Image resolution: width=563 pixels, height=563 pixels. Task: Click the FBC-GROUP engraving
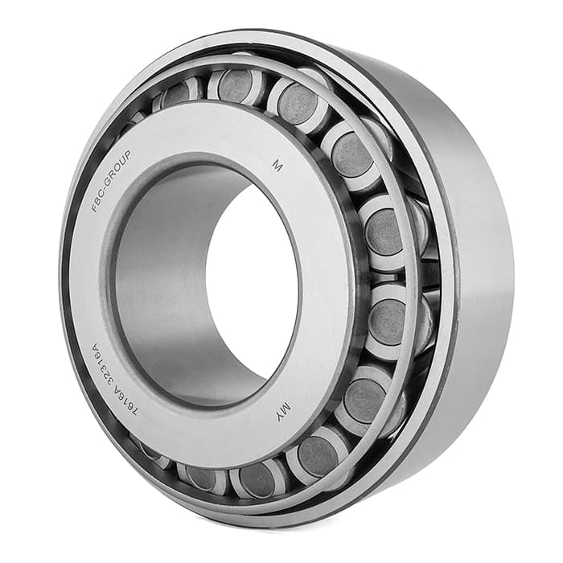[111, 181]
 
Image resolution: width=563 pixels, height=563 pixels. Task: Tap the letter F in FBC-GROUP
[94, 208]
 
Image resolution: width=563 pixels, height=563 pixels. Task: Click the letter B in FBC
[97, 201]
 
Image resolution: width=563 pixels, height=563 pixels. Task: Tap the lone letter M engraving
[277, 166]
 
